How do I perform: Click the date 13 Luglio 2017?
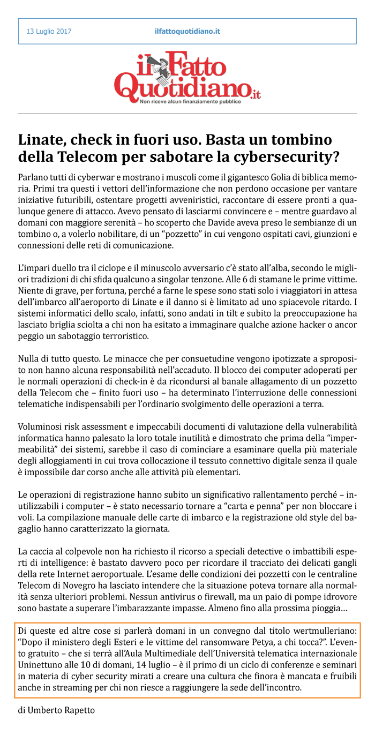[49, 32]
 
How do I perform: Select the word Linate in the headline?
[42, 140]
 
